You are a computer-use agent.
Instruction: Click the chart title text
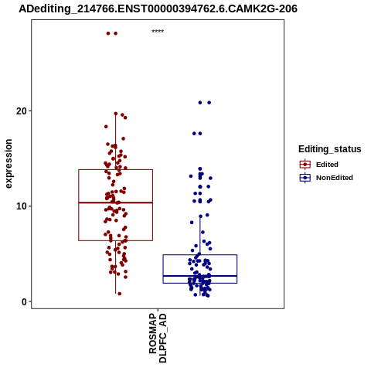tap(158, 9)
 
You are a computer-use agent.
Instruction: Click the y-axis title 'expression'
tap(9, 164)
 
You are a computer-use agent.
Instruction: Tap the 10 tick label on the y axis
tap(22, 206)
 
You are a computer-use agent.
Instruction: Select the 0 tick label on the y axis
tap(25, 301)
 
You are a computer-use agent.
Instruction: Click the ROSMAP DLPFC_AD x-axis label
tap(158, 338)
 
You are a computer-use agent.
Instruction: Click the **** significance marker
tap(158, 32)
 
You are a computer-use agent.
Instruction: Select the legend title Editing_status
tap(330, 149)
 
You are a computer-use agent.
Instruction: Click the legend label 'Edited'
tap(327, 165)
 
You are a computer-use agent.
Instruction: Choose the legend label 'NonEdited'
tap(335, 178)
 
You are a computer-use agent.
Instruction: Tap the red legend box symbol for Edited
tap(305, 165)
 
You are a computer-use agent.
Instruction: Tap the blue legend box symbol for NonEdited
tap(305, 178)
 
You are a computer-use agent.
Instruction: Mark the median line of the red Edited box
tap(115, 203)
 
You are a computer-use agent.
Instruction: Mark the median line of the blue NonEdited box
tap(200, 276)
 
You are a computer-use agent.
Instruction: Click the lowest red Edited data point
tap(120, 294)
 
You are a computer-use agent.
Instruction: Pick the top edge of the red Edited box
tap(115, 169)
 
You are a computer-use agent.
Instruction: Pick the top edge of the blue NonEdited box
tap(200, 255)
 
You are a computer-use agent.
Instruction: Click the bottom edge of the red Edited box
tap(115, 240)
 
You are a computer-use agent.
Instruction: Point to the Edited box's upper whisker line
tap(116, 141)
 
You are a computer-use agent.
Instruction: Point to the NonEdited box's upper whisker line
tap(200, 236)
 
